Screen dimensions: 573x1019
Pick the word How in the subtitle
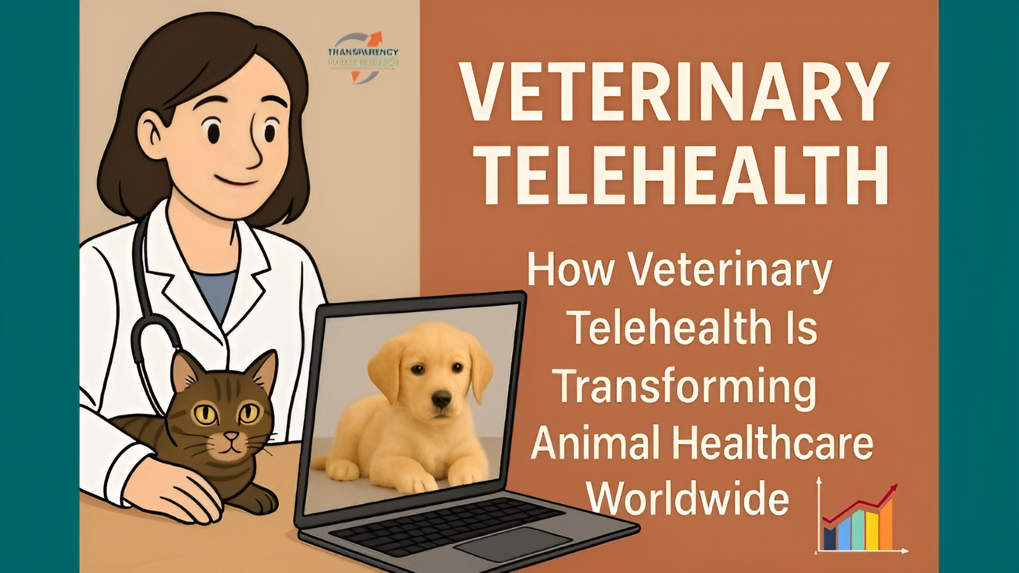click(570, 270)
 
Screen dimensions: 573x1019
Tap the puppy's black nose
click(441, 400)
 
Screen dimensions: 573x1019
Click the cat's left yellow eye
click(205, 414)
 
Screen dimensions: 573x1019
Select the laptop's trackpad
click(513, 543)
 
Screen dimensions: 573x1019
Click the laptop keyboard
click(446, 525)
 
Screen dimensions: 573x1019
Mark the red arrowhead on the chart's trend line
click(893, 490)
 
